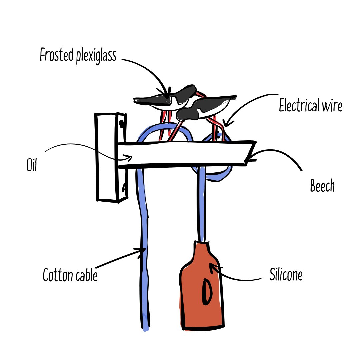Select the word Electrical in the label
click(298, 106)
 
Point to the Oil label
click(31, 165)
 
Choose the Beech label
click(322, 186)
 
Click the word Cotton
click(56, 275)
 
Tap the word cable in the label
click(86, 275)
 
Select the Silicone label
click(286, 276)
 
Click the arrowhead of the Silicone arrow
click(211, 265)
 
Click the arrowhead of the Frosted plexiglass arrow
click(166, 96)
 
